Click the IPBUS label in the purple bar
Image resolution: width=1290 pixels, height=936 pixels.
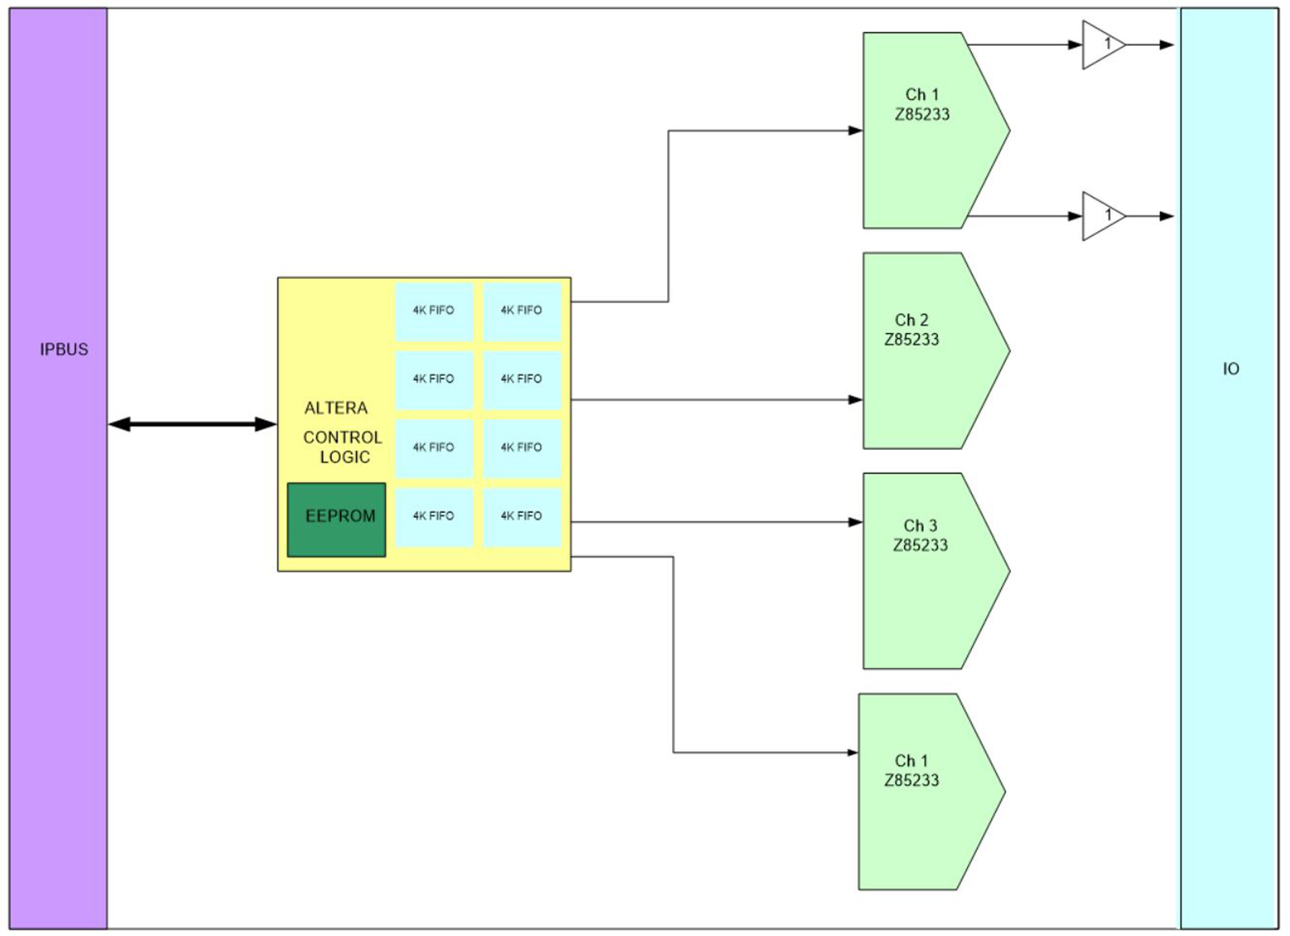pyautogui.click(x=64, y=350)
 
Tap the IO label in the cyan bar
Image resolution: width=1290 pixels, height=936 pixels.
pyautogui.click(x=1231, y=369)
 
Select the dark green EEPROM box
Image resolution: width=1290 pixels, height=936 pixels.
pyautogui.click(x=337, y=520)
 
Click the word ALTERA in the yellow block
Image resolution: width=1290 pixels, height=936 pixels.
pyautogui.click(x=336, y=408)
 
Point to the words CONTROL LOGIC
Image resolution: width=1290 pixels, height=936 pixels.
pyautogui.click(x=343, y=447)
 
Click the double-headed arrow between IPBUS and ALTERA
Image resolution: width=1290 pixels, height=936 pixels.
pyautogui.click(x=193, y=424)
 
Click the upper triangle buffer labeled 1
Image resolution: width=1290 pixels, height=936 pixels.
pyautogui.click(x=1102, y=45)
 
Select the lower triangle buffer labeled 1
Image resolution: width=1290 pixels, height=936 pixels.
pyautogui.click(x=1102, y=217)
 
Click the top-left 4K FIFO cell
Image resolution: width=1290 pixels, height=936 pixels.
pyautogui.click(x=434, y=311)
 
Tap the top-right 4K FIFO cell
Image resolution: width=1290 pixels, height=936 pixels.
pyautogui.click(x=521, y=311)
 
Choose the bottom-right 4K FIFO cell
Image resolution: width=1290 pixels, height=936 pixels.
pyautogui.click(x=521, y=516)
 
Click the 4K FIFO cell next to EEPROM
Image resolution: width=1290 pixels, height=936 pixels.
pyautogui.click(x=434, y=516)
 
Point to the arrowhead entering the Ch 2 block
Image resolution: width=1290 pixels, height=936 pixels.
pyautogui.click(x=855, y=400)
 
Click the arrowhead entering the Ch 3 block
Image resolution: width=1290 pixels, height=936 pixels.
pyautogui.click(x=855, y=522)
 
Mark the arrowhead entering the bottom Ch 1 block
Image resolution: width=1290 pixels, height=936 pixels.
pyautogui.click(x=852, y=753)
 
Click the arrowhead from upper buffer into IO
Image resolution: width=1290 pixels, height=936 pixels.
pyautogui.click(x=1167, y=45)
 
